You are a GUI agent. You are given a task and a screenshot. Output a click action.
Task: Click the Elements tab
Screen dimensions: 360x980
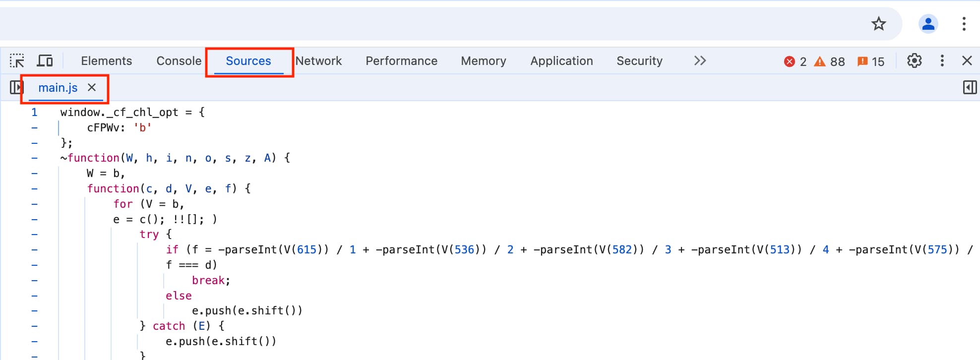tap(106, 61)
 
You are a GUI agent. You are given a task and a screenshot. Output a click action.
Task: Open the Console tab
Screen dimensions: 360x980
tap(179, 61)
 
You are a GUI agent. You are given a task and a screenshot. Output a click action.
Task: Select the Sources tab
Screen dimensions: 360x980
tap(248, 61)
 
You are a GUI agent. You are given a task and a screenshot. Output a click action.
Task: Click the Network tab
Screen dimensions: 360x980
tap(319, 61)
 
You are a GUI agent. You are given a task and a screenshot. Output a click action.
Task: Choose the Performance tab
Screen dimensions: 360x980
tap(401, 61)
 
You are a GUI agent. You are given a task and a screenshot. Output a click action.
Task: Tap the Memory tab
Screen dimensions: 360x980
tap(483, 61)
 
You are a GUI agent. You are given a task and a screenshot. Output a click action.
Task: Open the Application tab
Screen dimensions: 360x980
tap(561, 61)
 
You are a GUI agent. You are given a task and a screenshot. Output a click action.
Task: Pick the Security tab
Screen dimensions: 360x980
tap(639, 61)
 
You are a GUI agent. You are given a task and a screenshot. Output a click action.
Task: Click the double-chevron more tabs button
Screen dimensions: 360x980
tap(700, 61)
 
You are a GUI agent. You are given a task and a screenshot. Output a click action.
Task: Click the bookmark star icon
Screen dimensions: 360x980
tap(879, 24)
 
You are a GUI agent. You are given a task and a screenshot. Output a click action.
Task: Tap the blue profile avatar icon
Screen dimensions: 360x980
tap(928, 24)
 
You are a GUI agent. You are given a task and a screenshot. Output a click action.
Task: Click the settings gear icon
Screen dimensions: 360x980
tap(914, 61)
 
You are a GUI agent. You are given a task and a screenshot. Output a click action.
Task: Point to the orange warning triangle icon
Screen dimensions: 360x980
tap(820, 61)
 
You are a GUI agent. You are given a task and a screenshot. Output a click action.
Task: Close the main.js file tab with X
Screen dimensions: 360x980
tap(92, 88)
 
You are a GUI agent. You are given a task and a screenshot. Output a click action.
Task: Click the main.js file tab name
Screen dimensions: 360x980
tap(58, 88)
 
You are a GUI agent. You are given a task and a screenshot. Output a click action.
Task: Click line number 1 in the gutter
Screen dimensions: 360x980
tap(34, 112)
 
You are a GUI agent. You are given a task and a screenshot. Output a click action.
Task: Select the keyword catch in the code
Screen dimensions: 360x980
tap(169, 326)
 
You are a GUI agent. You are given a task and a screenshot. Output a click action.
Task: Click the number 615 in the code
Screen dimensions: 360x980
tap(306, 250)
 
